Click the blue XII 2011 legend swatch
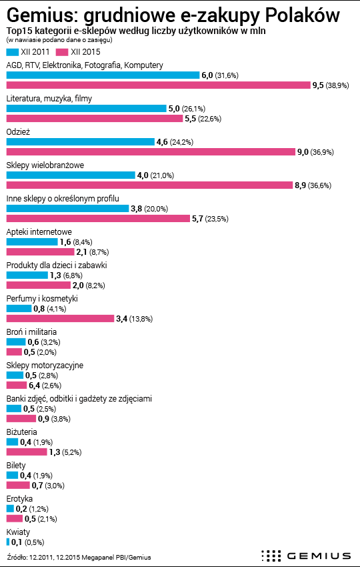pyautogui.click(x=12, y=52)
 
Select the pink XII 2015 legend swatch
pyautogui.click(x=62, y=52)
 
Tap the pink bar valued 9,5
pyautogui.click(x=158, y=85)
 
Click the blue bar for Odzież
pyautogui.click(x=80, y=141)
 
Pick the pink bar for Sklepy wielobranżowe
pyautogui.click(x=149, y=185)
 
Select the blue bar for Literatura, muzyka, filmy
pyautogui.click(x=87, y=109)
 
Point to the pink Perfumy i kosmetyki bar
pyautogui.click(x=61, y=319)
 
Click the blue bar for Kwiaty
pyautogui.click(x=8, y=542)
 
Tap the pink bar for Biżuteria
pyautogui.click(x=27, y=452)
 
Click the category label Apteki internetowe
pyautogui.click(x=39, y=231)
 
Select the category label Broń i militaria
pyautogui.click(x=31, y=332)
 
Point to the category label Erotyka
pyautogui.click(x=19, y=499)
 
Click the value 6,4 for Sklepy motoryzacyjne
pyautogui.click(x=35, y=386)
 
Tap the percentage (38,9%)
pyautogui.click(x=337, y=85)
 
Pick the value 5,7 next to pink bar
pyautogui.click(x=197, y=219)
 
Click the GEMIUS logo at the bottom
pyautogui.click(x=306, y=556)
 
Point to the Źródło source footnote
pyautogui.click(x=79, y=557)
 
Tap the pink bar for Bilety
pyautogui.click(x=18, y=486)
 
